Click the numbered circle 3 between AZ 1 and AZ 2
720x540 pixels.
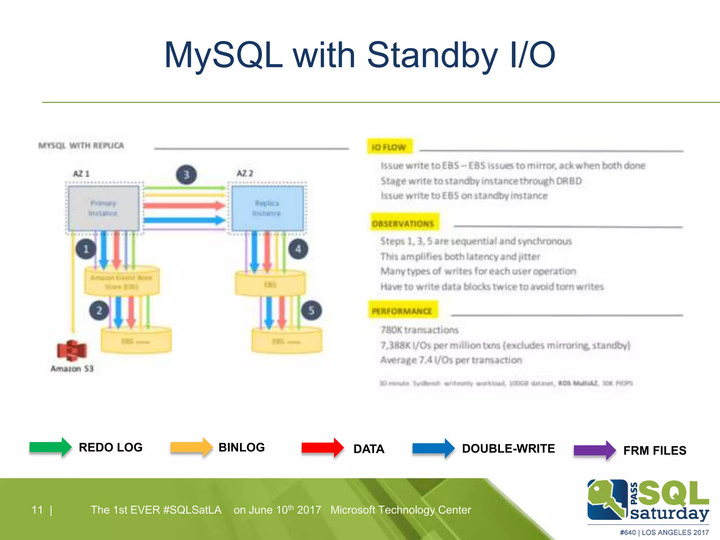(186, 175)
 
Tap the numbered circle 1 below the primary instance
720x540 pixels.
(86, 249)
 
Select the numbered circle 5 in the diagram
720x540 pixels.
(311, 310)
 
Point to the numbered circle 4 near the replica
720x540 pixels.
(298, 249)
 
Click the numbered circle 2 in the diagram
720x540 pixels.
(99, 310)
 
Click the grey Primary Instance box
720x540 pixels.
(104, 208)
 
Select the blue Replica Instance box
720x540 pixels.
(267, 208)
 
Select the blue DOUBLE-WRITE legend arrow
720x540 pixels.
(433, 448)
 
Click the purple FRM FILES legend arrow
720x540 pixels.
(594, 450)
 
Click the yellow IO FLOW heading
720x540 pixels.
(389, 147)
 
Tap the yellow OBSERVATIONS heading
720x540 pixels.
(403, 224)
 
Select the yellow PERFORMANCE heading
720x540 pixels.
(402, 311)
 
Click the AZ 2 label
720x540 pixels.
(245, 173)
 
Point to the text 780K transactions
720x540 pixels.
(419, 330)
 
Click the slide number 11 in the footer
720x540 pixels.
(37, 510)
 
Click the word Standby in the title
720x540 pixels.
(432, 55)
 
